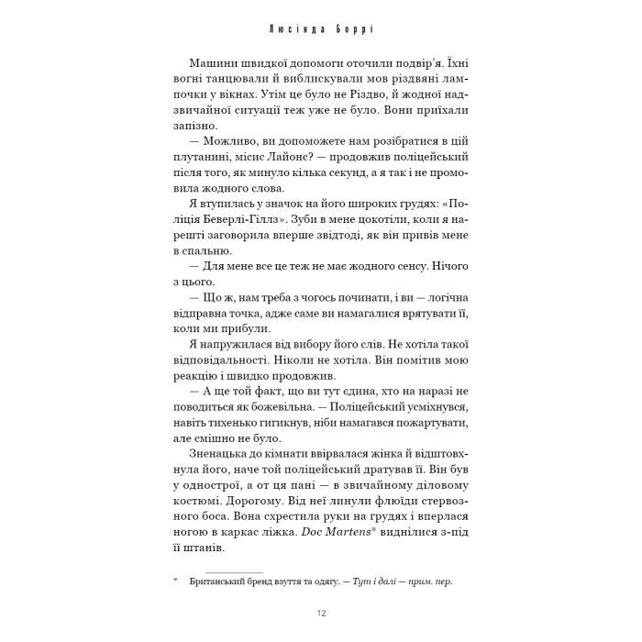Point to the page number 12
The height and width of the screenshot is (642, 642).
coord(320,614)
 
